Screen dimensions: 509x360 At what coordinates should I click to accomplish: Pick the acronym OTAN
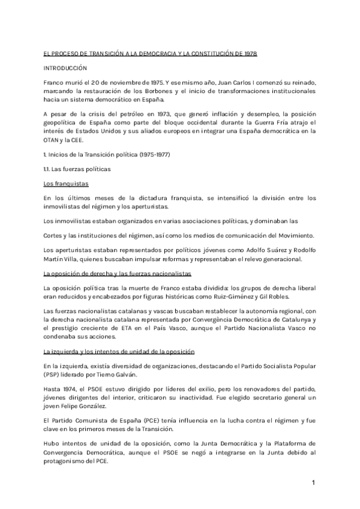coord(52,140)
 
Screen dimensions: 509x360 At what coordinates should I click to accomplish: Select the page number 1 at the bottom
coord(313,483)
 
